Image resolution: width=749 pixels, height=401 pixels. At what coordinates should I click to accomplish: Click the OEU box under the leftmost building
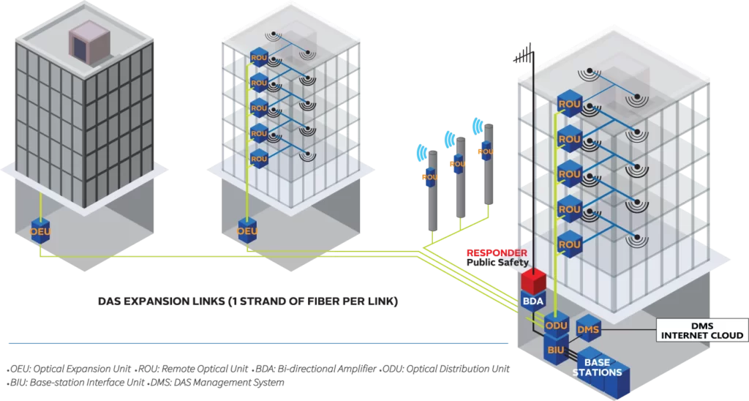(x=40, y=231)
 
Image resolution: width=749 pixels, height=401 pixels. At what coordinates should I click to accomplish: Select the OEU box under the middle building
(x=248, y=231)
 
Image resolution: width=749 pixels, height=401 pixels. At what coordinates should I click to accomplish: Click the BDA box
(x=531, y=301)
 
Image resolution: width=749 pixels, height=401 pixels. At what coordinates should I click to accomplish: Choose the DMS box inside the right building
(x=588, y=330)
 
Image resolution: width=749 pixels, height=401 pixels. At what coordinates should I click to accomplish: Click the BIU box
(x=555, y=350)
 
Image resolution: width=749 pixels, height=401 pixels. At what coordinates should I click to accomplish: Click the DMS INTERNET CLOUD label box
(x=701, y=331)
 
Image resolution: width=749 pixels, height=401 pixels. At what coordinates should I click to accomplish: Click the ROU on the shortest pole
(x=431, y=176)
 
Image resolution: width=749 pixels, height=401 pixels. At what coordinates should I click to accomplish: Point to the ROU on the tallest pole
(x=486, y=153)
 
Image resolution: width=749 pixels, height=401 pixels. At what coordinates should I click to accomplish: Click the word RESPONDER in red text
(x=497, y=253)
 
